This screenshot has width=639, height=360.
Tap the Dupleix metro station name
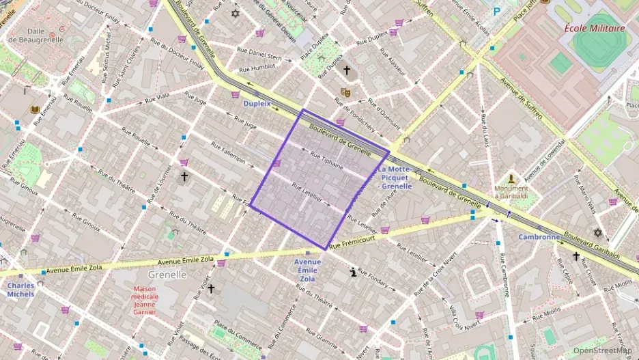click(257, 104)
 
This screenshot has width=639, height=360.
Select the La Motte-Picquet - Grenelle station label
click(396, 178)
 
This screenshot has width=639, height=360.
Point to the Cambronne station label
click(539, 237)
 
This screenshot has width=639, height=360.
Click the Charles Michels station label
click(20, 290)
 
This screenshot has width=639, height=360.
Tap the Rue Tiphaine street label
click(326, 160)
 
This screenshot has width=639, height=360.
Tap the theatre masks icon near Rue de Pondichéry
click(345, 92)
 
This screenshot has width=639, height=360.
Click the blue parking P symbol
click(497, 12)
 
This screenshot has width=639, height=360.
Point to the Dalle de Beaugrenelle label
click(35, 36)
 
